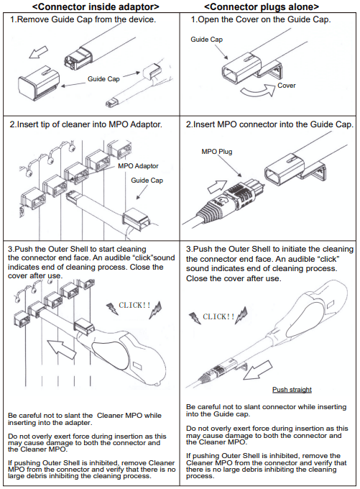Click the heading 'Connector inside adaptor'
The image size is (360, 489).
click(96, 6)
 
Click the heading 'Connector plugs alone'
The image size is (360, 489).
click(262, 6)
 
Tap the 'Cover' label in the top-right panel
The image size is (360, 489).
click(287, 86)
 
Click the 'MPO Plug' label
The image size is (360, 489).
click(216, 152)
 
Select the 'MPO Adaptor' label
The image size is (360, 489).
click(138, 166)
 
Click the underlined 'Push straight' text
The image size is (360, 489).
click(292, 390)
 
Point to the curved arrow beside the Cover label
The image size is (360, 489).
click(258, 91)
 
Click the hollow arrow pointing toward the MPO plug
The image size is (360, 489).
click(217, 187)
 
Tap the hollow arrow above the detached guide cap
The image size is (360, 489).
click(39, 52)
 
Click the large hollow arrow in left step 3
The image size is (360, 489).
click(61, 349)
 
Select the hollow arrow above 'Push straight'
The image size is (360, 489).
click(257, 370)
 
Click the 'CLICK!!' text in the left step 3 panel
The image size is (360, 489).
click(134, 305)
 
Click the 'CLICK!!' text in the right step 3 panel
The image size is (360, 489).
click(218, 317)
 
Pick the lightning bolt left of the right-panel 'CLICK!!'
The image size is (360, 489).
click(195, 318)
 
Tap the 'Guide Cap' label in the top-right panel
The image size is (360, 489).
click(207, 40)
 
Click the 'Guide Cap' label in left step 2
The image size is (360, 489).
click(147, 180)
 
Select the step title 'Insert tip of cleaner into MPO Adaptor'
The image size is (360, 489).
click(86, 124)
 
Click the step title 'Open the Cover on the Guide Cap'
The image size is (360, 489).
click(261, 19)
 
